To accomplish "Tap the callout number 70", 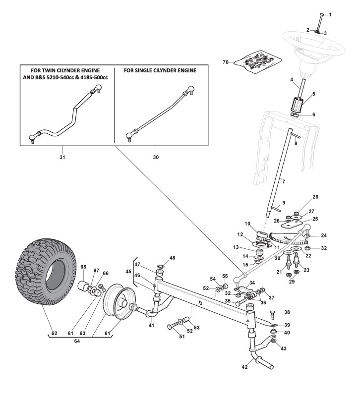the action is pyautogui.click(x=226, y=62).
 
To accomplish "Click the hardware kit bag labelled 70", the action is pyautogui.click(x=258, y=62).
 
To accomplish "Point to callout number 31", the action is pyautogui.click(x=62, y=157).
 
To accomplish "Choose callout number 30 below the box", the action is pyautogui.click(x=156, y=157).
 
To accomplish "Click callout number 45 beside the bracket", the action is pyautogui.click(x=128, y=272).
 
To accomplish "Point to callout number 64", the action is pyautogui.click(x=77, y=341).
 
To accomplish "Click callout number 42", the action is pyautogui.click(x=244, y=367).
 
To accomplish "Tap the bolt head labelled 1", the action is pyautogui.click(x=322, y=14).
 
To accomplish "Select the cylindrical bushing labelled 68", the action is pyautogui.click(x=84, y=286).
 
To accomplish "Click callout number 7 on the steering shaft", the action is pyautogui.click(x=284, y=182).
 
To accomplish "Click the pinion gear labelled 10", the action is pyautogui.click(x=262, y=235).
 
